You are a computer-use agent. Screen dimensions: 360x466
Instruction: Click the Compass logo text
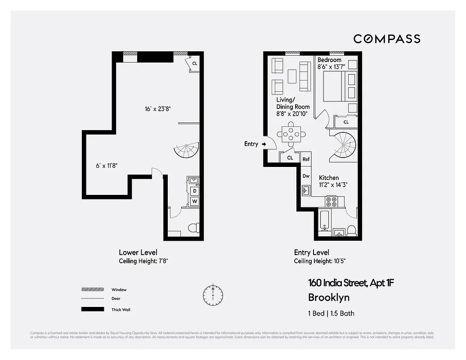(387, 39)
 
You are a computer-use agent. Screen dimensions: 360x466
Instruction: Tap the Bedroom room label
(329, 60)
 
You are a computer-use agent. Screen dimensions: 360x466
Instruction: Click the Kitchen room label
(329, 178)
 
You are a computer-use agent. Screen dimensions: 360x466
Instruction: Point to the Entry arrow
(264, 144)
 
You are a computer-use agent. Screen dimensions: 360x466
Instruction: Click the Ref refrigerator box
(306, 159)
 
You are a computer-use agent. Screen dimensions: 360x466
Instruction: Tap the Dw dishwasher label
(306, 176)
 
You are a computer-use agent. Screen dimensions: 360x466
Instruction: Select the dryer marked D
(195, 191)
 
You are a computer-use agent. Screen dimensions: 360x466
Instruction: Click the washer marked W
(195, 201)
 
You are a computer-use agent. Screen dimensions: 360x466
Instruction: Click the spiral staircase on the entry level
(343, 145)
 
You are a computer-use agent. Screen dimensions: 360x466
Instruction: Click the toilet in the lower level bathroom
(193, 228)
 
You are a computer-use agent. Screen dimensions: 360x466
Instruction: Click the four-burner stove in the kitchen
(332, 201)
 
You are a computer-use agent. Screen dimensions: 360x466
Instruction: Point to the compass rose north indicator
(213, 294)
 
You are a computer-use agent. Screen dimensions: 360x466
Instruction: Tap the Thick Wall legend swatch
(92, 309)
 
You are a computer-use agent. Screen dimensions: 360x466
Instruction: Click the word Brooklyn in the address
(328, 297)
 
